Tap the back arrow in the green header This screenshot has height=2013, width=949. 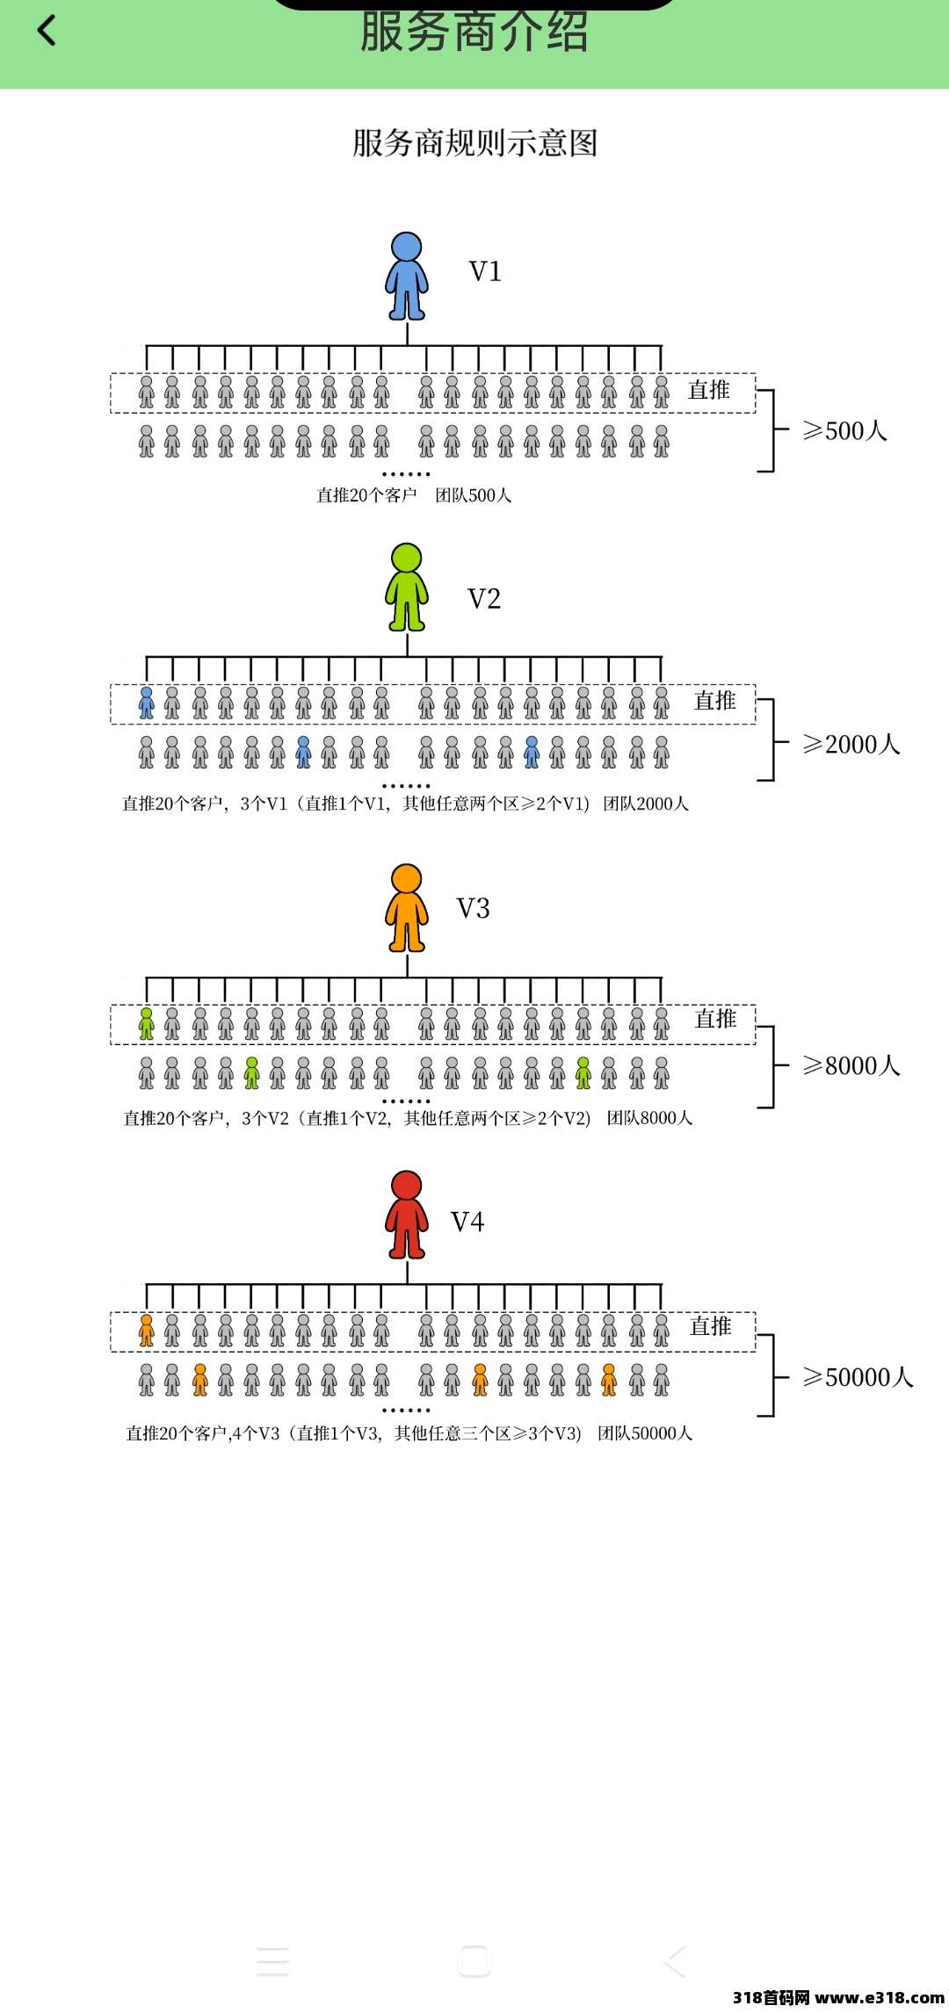47,32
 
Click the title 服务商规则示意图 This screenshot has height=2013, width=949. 474,143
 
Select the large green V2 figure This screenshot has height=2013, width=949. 407,587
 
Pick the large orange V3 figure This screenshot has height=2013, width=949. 407,908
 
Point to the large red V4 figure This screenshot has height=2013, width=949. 407,1215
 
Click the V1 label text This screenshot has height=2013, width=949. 485,271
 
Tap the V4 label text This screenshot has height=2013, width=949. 467,1222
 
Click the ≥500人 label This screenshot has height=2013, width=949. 844,430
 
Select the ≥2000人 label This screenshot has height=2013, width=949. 851,744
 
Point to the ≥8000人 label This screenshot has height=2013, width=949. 851,1065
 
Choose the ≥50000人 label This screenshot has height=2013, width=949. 858,1377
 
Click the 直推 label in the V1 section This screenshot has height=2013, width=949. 709,390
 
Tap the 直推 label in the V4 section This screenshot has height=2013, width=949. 711,1326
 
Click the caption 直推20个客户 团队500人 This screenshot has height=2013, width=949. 414,495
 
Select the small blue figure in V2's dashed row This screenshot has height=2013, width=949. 147,703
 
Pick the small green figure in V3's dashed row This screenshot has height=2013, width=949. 147,1024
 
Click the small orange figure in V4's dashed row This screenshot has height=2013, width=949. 147,1331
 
